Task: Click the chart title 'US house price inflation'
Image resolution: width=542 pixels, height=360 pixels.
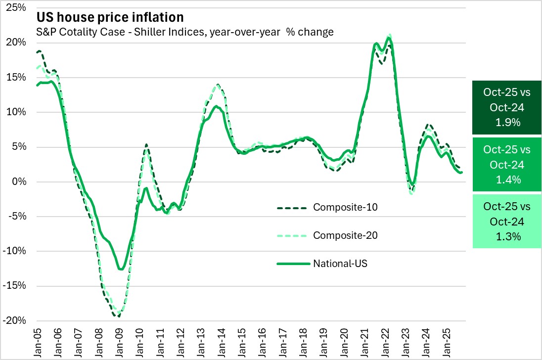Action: pos(110,17)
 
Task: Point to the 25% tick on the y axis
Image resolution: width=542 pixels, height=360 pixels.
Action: pos(18,7)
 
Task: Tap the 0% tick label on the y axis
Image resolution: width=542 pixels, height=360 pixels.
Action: pos(20,181)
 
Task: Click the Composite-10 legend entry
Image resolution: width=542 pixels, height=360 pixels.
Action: pos(345,207)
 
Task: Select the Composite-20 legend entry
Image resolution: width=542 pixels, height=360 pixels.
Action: pos(345,235)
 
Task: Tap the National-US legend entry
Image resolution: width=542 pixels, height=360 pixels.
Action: pos(340,263)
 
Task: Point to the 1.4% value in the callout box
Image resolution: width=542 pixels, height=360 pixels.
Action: pos(507,180)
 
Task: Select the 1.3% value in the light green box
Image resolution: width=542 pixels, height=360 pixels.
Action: pos(507,236)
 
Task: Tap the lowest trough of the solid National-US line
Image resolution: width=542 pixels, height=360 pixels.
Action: pos(120,269)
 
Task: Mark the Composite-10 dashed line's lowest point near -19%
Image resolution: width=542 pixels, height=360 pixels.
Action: pos(119,316)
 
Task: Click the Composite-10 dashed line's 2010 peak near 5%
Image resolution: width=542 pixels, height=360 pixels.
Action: pos(146,144)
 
